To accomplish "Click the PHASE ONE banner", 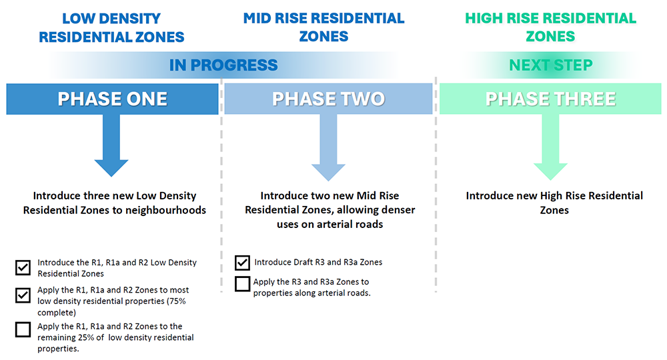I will click(112, 99).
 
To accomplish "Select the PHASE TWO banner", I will click(328, 99).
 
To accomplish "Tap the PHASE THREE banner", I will click(550, 99).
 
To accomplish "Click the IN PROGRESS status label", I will click(223, 65).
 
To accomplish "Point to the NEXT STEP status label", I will click(551, 65).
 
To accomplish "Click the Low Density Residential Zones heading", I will click(111, 27).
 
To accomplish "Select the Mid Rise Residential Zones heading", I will click(323, 27).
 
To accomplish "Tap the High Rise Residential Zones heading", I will click(551, 27).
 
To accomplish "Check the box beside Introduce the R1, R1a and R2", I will click(23, 268).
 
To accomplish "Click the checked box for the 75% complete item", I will click(23, 295).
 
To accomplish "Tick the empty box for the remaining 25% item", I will click(23, 329).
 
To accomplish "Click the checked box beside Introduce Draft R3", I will click(243, 263).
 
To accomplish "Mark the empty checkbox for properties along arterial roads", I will click(243, 284).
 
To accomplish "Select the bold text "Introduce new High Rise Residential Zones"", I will click(554, 203).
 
